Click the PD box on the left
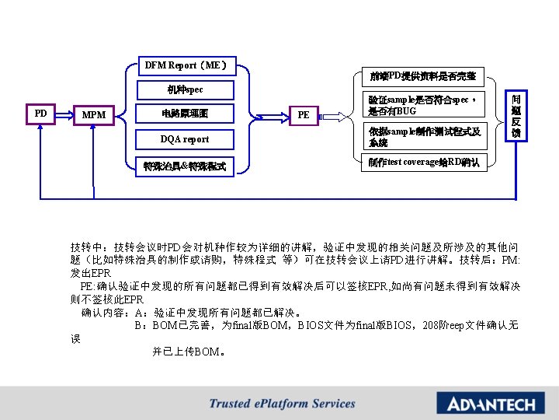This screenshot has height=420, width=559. [40, 114]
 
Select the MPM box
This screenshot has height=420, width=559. [95, 116]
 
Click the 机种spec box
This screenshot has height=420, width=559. [185, 89]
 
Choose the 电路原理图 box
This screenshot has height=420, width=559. [185, 114]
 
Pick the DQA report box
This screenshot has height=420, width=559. [185, 139]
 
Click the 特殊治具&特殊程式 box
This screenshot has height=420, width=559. [185, 166]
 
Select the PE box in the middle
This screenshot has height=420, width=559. [304, 115]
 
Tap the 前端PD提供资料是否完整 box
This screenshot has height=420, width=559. [422, 76]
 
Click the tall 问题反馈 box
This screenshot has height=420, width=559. [516, 114]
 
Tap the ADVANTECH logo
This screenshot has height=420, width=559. [485, 404]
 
